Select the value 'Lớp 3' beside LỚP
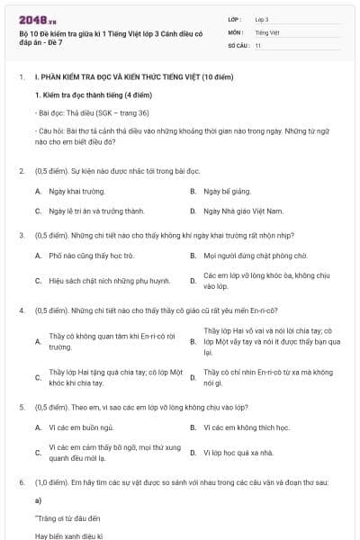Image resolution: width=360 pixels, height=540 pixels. point(262,19)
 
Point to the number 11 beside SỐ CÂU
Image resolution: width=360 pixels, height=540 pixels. point(258,44)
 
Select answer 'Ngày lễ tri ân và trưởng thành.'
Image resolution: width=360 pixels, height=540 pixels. point(96,211)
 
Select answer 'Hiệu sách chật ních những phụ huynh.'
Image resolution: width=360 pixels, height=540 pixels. point(109,281)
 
